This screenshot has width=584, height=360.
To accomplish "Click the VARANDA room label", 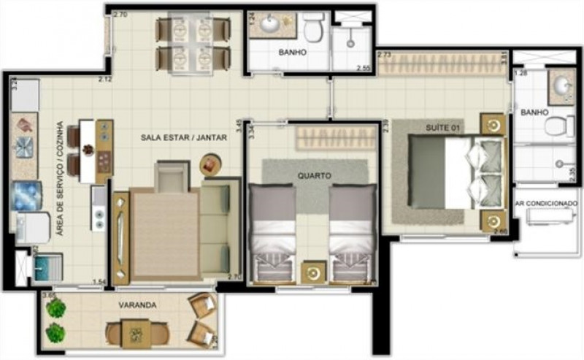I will (x=139, y=305).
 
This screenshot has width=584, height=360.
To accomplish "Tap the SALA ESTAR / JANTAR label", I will (x=185, y=137).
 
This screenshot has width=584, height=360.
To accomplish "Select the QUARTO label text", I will (x=315, y=176).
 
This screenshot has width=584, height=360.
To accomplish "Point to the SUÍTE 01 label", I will (x=444, y=129).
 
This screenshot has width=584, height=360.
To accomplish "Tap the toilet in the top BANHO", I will (x=315, y=30).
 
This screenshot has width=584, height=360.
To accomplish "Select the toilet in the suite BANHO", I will (x=559, y=126).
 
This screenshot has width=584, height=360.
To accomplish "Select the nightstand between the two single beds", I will (x=313, y=272).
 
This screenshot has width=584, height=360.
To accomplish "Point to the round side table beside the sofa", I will (x=210, y=164).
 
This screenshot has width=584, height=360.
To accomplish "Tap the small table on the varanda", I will (x=136, y=334).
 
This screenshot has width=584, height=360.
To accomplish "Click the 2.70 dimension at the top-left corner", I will (x=121, y=15).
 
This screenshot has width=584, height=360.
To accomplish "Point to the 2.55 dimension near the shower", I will (x=364, y=69).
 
